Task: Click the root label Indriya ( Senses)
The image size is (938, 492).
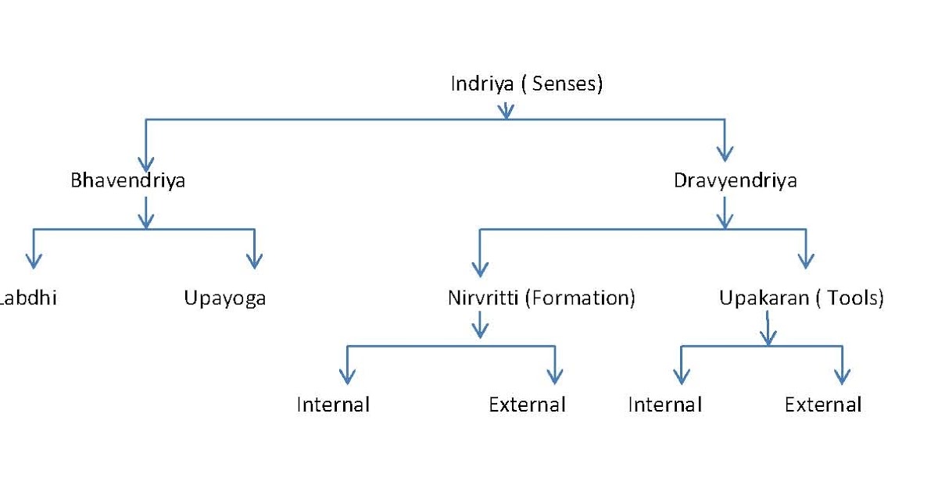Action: (526, 84)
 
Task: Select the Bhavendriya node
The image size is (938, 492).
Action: (128, 181)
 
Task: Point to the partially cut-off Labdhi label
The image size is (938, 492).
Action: (28, 298)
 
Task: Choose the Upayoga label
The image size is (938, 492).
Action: (225, 298)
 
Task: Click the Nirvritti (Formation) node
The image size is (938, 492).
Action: (541, 298)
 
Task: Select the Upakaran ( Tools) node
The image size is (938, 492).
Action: (801, 298)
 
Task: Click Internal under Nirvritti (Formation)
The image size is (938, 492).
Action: (333, 405)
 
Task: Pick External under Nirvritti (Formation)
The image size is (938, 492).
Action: (527, 405)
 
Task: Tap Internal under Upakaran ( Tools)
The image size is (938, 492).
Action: (665, 405)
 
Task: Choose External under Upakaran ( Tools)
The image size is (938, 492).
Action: (823, 405)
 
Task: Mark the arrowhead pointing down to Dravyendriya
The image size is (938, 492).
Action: (725, 154)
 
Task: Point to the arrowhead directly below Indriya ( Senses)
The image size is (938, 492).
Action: (507, 112)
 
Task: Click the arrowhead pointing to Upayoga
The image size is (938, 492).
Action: (254, 261)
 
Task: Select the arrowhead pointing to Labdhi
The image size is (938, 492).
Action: (33, 261)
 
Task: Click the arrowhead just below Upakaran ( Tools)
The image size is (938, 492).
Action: (768, 337)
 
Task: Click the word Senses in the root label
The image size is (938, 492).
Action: (564, 84)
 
